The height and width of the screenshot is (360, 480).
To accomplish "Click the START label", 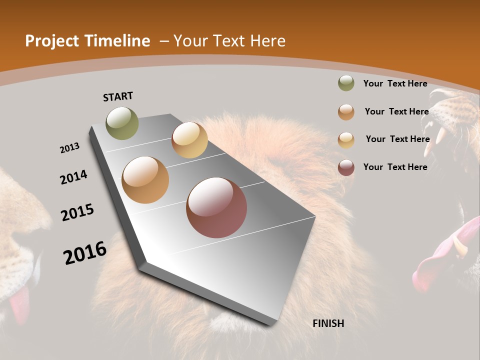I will (118, 96).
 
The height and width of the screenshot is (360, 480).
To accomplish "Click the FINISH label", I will (328, 323).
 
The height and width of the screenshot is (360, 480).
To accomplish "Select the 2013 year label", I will (69, 148).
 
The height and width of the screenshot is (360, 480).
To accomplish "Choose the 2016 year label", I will (85, 253).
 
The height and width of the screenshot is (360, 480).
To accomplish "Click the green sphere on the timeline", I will (122, 123).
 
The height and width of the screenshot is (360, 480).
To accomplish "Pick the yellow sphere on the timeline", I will (189, 140).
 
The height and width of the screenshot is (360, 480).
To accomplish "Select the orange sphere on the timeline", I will (145, 180).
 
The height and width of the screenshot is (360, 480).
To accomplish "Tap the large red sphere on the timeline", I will (216, 207).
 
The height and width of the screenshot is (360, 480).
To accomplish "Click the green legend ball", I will (346, 83).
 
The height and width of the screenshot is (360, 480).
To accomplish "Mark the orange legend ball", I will (346, 112).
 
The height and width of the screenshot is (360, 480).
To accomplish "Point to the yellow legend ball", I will (346, 139).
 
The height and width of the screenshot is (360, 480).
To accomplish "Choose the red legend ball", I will (346, 167).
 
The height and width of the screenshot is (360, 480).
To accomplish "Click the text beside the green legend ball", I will (395, 83).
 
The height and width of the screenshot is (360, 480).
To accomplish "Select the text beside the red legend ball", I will (395, 167).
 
